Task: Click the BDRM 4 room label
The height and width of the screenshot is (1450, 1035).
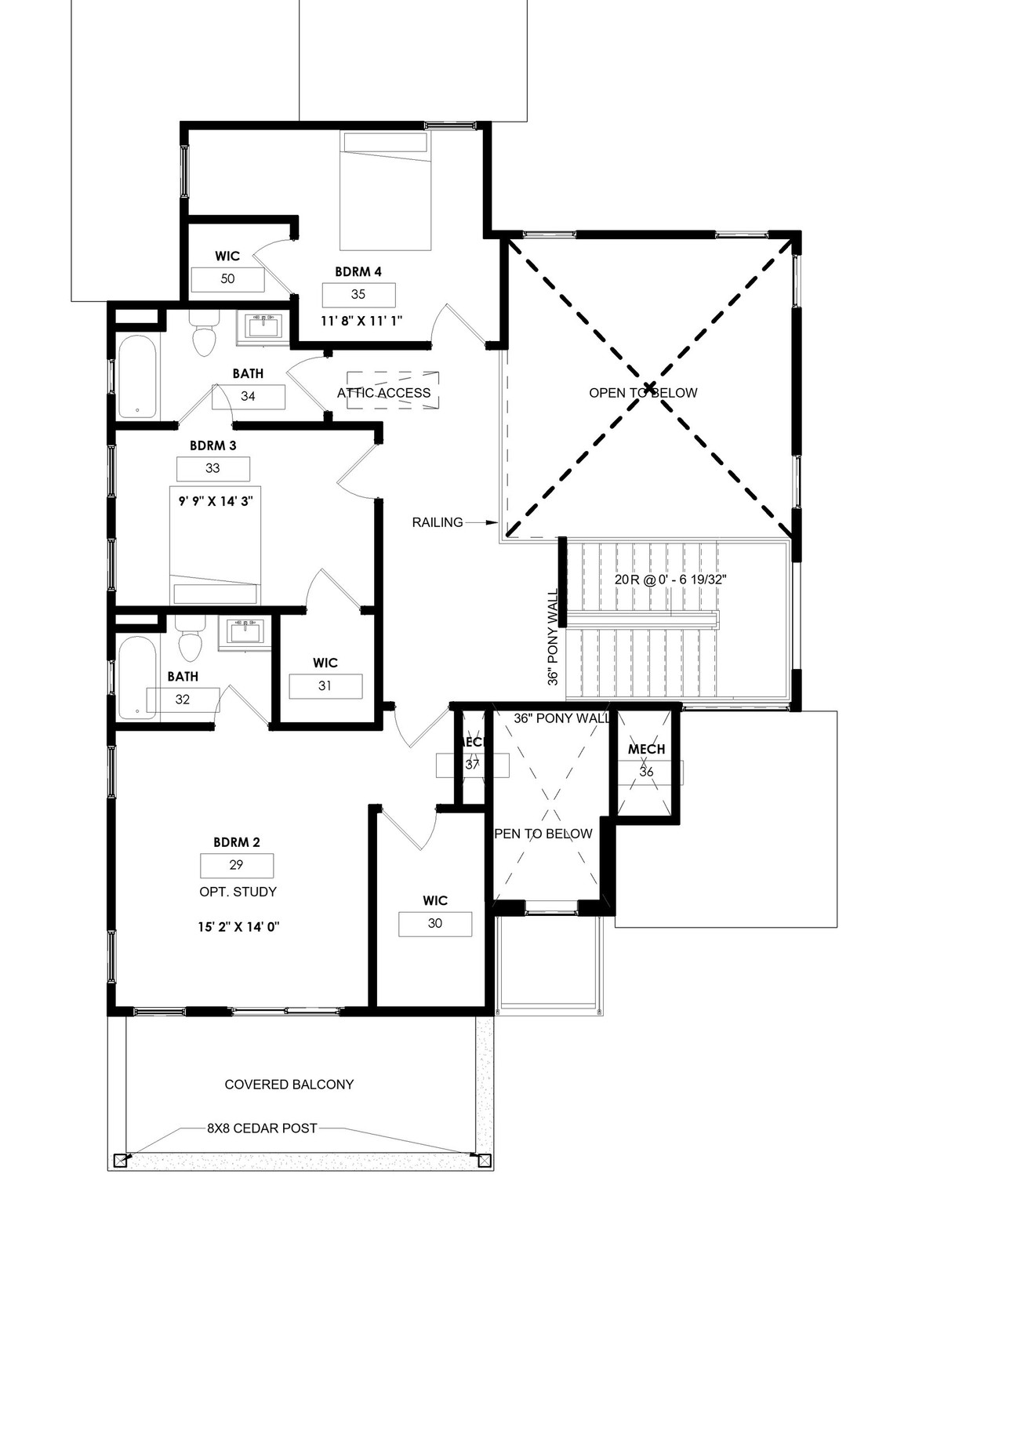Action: point(358,272)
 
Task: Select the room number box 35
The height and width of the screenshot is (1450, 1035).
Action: point(358,295)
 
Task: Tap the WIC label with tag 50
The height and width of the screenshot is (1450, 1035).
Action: point(227,256)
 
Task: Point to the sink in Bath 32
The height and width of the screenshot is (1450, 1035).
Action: point(245,631)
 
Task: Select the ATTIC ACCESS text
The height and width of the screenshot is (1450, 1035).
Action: point(384,393)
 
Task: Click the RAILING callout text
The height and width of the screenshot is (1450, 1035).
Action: point(437,522)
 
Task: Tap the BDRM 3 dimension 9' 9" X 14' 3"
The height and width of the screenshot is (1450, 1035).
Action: point(215,500)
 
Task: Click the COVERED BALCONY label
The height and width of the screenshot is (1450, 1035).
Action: point(289,1085)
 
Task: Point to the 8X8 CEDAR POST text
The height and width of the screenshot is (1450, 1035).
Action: point(262,1128)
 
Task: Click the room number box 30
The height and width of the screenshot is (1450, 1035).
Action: point(435,924)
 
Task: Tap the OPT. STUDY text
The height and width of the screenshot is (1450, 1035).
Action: point(238,892)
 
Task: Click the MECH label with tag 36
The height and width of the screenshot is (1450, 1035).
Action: point(646,750)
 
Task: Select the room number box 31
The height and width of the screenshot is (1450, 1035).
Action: point(325,686)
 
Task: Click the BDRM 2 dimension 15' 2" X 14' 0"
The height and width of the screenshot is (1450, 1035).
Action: point(238,927)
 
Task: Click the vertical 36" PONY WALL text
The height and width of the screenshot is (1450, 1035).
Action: point(553,638)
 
